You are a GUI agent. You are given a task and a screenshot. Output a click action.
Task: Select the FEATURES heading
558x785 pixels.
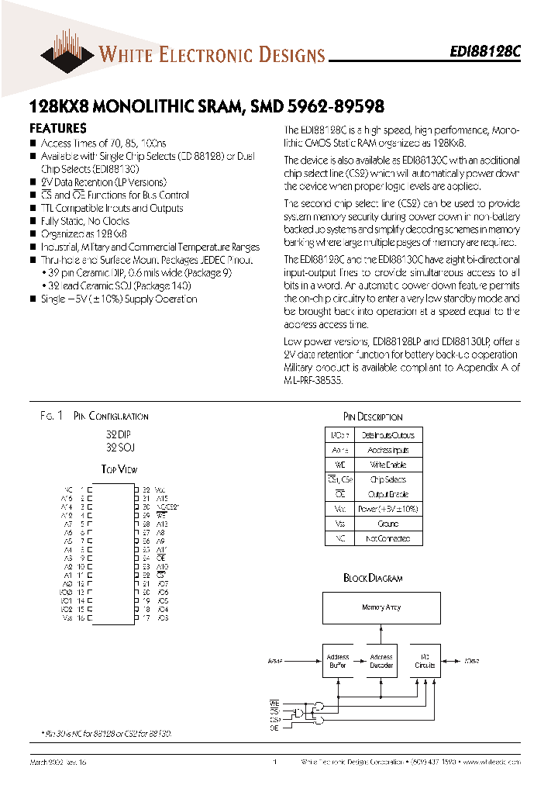[x=57, y=129]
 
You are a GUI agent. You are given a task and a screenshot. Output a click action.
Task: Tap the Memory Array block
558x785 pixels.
[x=381, y=607]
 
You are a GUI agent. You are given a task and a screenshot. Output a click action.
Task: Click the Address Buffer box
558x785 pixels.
[x=338, y=661]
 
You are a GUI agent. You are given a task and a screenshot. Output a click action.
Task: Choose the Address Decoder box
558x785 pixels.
[x=381, y=661]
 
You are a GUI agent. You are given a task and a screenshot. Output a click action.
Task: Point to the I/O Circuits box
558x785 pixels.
[x=425, y=661]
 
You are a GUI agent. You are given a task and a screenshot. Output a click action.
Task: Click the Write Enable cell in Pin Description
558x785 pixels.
[x=388, y=465]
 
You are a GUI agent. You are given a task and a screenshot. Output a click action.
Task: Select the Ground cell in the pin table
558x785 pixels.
[x=388, y=524]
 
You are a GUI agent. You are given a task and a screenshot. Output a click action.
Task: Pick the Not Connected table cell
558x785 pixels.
[x=388, y=538]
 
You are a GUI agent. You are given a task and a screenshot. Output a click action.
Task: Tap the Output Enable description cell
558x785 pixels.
[x=388, y=494]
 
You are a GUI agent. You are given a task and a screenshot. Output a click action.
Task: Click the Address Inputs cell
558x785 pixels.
[x=388, y=450]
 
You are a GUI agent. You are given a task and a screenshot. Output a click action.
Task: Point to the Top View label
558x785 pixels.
[x=119, y=469]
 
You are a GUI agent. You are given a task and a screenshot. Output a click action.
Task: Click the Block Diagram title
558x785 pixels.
[x=373, y=578]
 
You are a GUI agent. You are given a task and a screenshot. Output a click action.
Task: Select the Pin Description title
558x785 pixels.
[x=373, y=417]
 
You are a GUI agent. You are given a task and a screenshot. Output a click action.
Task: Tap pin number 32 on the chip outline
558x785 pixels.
[x=146, y=489]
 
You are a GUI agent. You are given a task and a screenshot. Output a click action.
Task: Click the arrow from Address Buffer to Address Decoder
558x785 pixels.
[x=359, y=662]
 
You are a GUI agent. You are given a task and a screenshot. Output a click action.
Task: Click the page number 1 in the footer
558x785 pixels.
[x=275, y=763]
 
